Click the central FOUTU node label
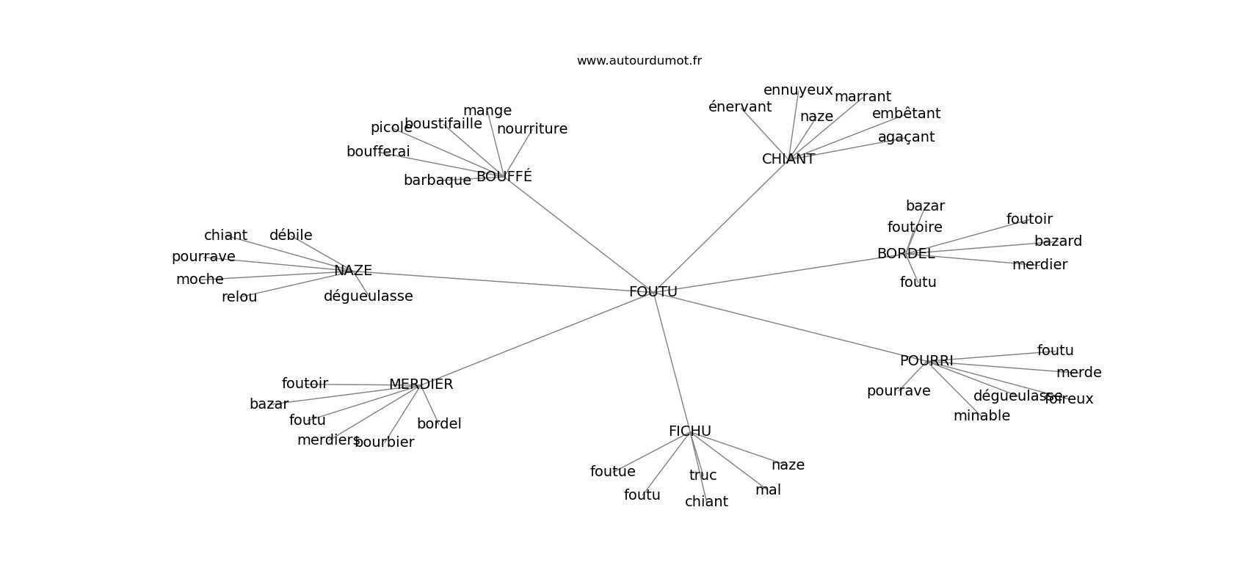653,292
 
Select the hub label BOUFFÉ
504,177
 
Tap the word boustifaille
443,124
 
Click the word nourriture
532,129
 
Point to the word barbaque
438,181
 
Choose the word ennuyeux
798,90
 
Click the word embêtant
906,114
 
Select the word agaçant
906,137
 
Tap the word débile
291,236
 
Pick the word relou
239,297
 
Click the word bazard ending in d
1058,241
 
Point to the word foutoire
915,227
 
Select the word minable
982,416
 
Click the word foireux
1070,399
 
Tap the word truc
703,475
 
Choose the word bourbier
385,442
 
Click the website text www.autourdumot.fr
639,61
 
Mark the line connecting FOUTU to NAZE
499,281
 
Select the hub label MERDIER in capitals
421,384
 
